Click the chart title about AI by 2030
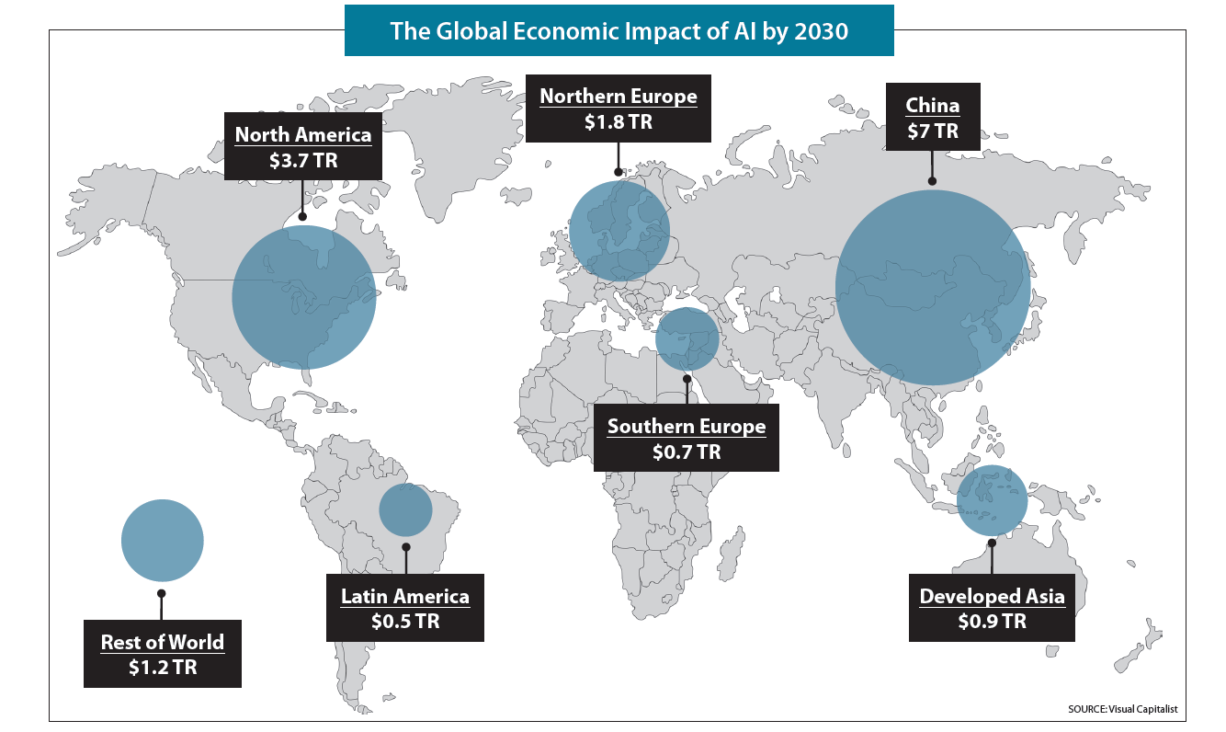(619, 30)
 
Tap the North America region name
(303, 134)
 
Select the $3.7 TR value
(303, 160)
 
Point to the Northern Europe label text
(619, 96)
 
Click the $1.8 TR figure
(619, 121)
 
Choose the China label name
(933, 105)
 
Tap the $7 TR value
(933, 131)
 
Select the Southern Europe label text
(687, 427)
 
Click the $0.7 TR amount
(687, 452)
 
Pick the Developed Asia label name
(993, 596)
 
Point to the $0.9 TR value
(993, 622)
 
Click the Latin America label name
(405, 596)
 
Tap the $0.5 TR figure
(405, 622)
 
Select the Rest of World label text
(163, 642)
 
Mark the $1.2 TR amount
(163, 668)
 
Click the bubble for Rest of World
(162, 541)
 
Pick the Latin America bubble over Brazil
(405, 509)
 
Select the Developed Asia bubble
(993, 501)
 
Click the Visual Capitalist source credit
(1122, 709)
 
